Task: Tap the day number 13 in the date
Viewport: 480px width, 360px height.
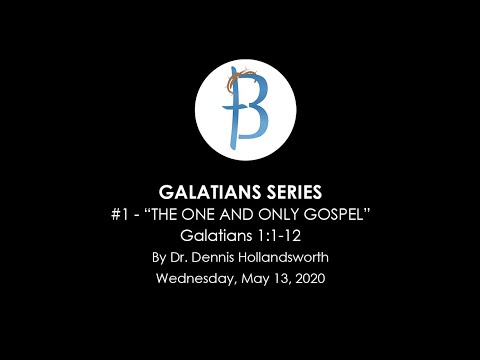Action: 282,279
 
